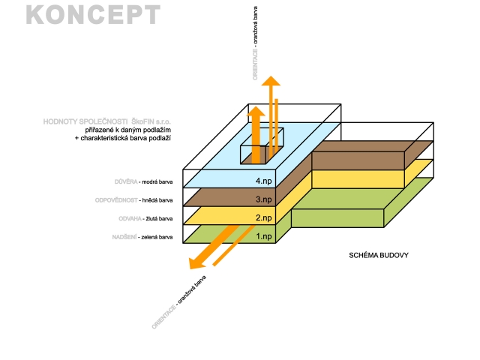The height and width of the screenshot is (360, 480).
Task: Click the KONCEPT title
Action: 93,15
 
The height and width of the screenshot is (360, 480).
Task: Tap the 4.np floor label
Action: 263,181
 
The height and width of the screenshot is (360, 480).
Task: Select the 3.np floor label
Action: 263,199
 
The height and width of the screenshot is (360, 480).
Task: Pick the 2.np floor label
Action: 263,218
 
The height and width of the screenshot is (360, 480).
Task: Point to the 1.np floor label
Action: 263,237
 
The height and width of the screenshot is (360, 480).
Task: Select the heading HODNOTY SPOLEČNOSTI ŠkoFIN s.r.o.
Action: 108,121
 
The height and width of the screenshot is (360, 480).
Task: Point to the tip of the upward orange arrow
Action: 271,79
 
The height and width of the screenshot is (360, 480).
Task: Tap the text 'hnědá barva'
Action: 157,201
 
